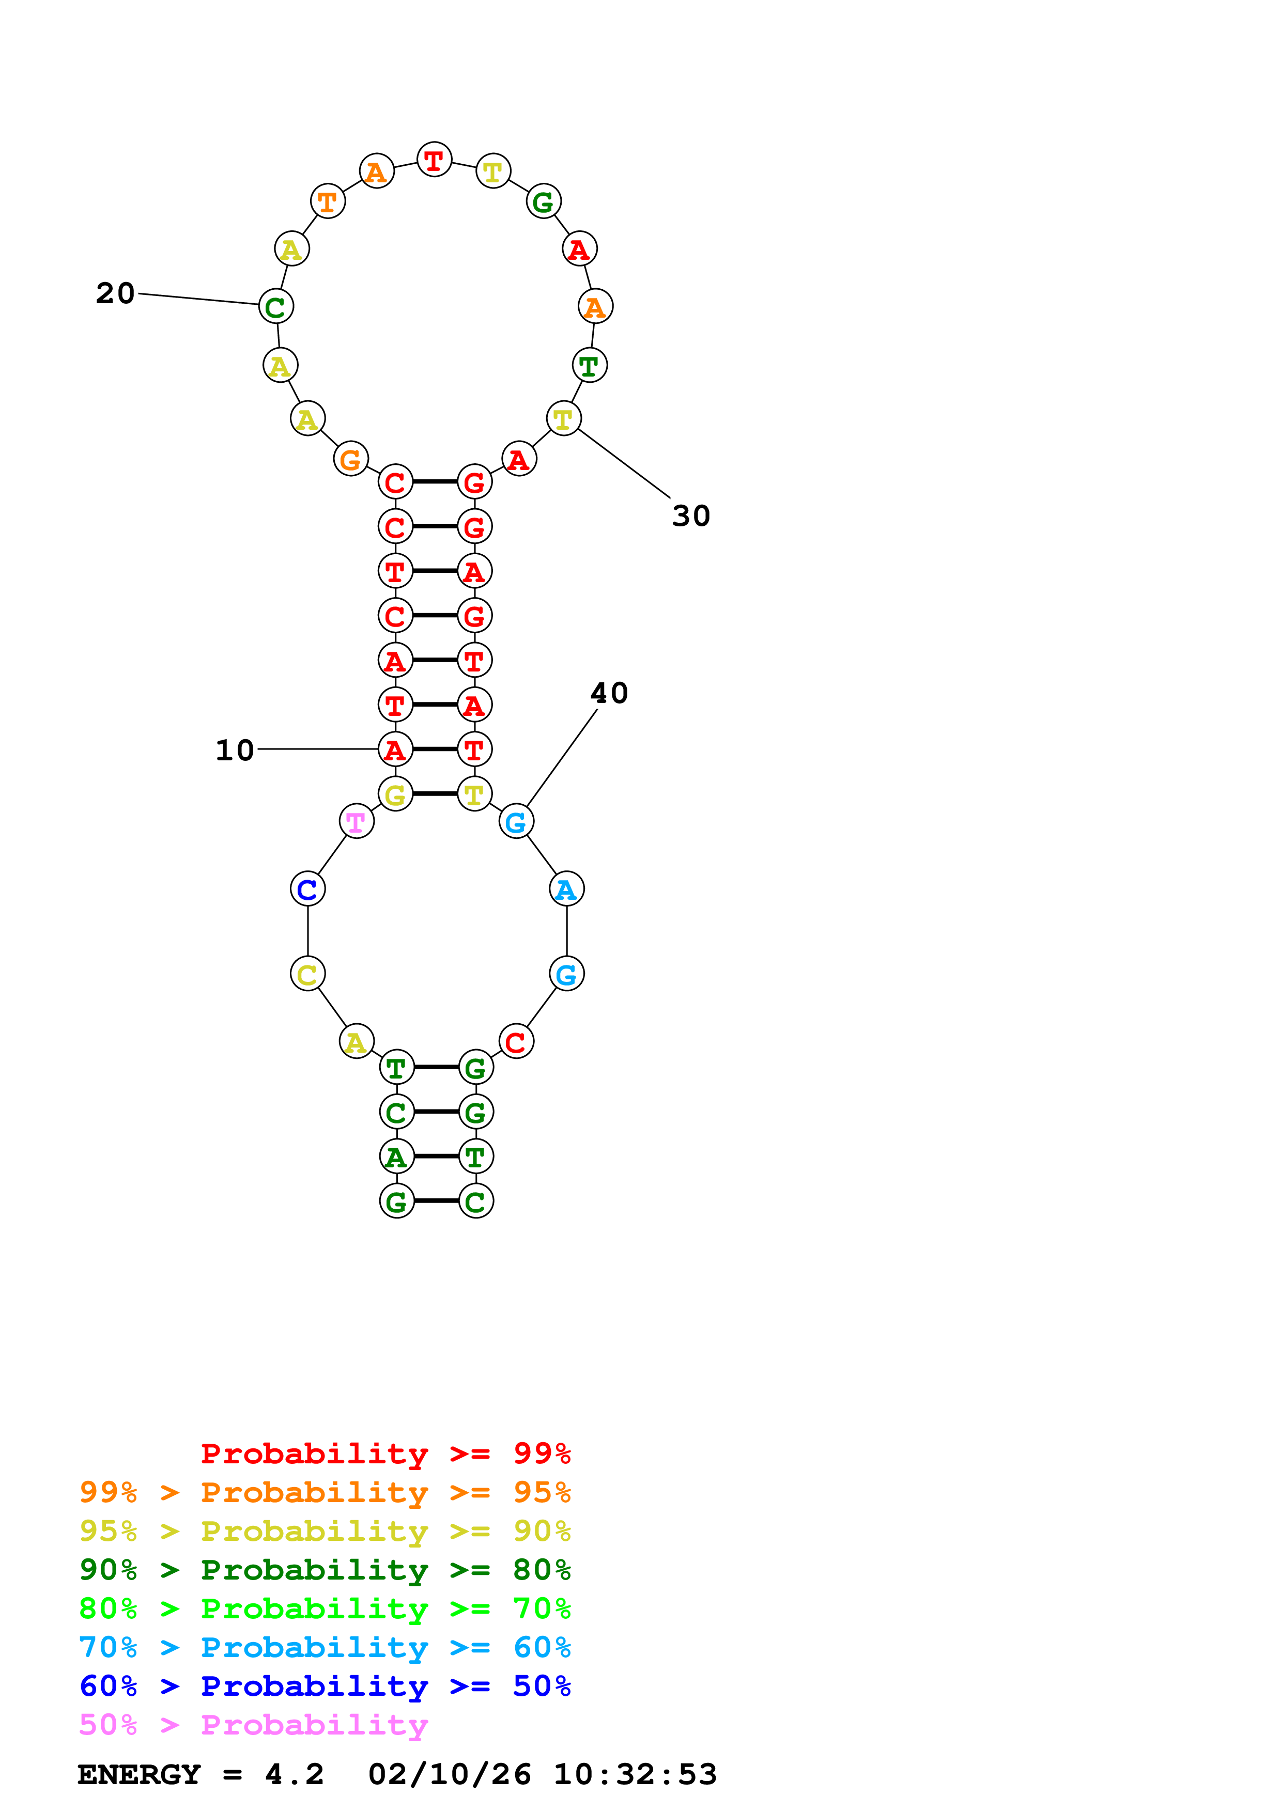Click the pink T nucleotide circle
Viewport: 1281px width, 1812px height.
point(356,822)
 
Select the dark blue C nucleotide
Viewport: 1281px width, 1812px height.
point(307,889)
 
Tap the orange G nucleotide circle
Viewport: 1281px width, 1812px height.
point(350,459)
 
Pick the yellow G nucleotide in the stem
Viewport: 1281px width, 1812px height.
point(395,794)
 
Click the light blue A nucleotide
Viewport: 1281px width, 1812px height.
point(566,889)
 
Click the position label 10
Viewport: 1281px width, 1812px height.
point(235,749)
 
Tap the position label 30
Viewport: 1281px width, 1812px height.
point(690,516)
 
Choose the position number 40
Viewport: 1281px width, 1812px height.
point(609,693)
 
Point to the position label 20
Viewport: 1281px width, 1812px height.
point(115,293)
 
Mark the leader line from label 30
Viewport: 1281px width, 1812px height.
point(624,463)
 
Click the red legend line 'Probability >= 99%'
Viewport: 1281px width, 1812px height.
point(385,1453)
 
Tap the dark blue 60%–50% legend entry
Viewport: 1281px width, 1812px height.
point(325,1686)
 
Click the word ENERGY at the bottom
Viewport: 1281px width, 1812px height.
point(139,1774)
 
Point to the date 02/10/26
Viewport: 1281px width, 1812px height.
point(449,1774)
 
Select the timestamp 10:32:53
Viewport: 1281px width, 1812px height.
point(635,1774)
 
